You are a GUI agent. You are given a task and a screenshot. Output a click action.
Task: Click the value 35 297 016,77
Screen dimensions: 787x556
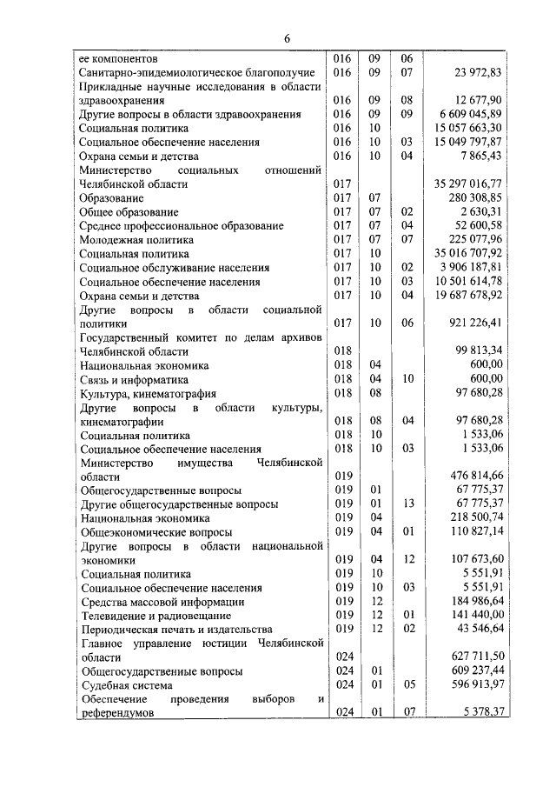pyautogui.click(x=486, y=183)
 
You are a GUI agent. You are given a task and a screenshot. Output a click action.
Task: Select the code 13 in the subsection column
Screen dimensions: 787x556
pyautogui.click(x=407, y=504)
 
